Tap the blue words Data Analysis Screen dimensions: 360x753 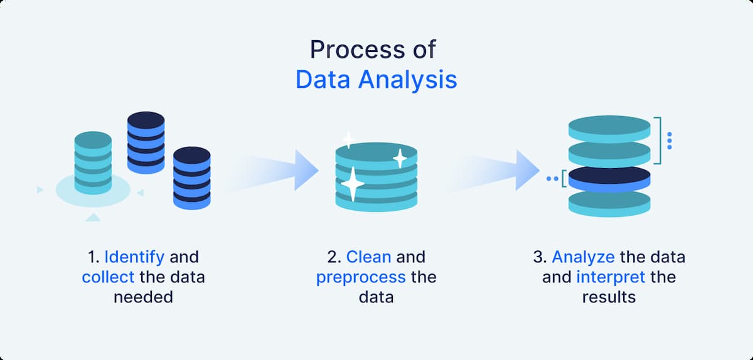376,81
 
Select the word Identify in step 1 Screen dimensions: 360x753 134,257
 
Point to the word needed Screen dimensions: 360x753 143,297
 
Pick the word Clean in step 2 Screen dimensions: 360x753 369,257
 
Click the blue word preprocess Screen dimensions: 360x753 361,277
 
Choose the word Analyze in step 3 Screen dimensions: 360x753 584,257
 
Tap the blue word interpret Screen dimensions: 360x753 606,277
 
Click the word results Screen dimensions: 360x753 609,297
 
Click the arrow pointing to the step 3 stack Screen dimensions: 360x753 499,170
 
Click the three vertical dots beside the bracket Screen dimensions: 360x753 670,141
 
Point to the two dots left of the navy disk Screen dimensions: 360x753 552,179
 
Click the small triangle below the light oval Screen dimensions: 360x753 93,218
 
